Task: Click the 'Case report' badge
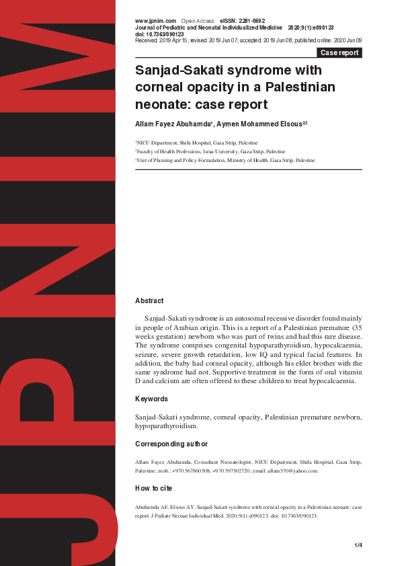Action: click(x=339, y=52)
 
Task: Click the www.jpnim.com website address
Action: click(x=155, y=22)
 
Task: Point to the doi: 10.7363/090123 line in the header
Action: click(x=159, y=34)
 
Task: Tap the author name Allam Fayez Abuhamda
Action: click(x=173, y=124)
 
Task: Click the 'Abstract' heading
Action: click(x=149, y=301)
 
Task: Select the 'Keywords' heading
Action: click(x=152, y=399)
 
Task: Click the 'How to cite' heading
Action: click(x=153, y=489)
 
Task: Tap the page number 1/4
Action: click(x=358, y=544)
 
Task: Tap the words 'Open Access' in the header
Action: click(x=198, y=22)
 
